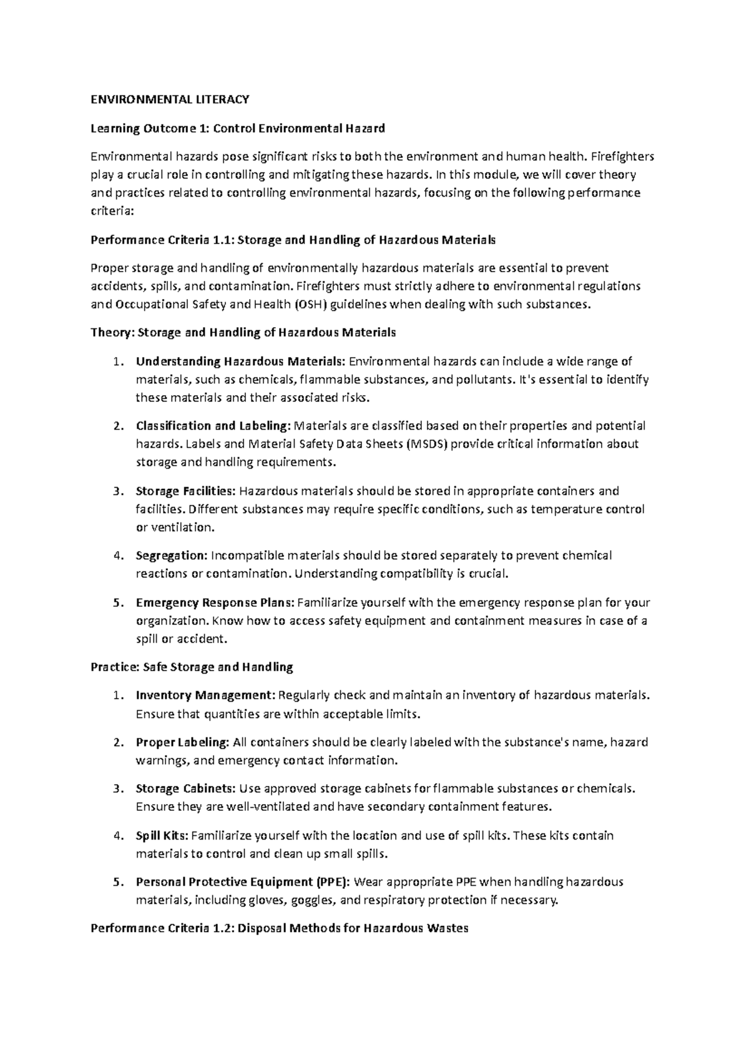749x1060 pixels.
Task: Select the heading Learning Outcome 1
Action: [x=237, y=129]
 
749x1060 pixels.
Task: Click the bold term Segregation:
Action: [x=172, y=556]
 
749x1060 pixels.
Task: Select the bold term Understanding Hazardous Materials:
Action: [x=240, y=361]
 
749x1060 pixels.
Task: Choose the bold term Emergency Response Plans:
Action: [x=215, y=603]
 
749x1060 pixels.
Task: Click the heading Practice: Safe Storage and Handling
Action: [x=192, y=667]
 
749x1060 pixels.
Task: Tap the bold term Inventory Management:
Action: [x=205, y=695]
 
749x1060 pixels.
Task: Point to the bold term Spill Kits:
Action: [x=162, y=835]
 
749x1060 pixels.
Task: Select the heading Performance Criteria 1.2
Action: [x=279, y=928]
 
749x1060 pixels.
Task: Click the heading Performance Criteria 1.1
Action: [x=293, y=240]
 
